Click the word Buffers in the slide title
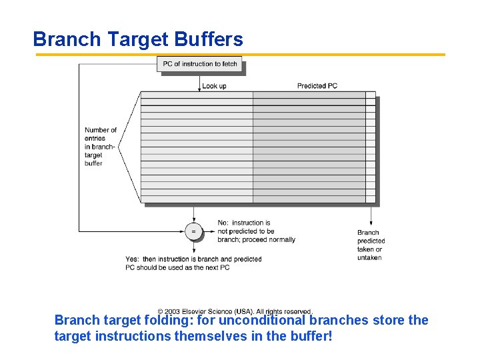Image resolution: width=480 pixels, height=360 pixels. pyautogui.click(x=209, y=39)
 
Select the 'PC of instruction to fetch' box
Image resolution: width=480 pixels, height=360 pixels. pyautogui.click(x=200, y=64)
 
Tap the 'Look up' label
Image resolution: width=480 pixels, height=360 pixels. pyautogui.click(x=214, y=86)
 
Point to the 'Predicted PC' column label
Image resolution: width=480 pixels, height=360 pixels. pyautogui.click(x=317, y=86)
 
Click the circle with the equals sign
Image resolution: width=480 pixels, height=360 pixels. pyautogui.click(x=193, y=231)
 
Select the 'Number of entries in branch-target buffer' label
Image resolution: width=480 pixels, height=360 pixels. pyautogui.click(x=101, y=147)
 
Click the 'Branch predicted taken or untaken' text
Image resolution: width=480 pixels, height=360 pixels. pyautogui.click(x=371, y=245)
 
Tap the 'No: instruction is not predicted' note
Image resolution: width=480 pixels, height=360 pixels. pyautogui.click(x=256, y=231)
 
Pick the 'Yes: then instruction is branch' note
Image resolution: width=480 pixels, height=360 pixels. pyautogui.click(x=193, y=263)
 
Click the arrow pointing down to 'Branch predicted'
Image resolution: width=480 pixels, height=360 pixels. pyautogui.click(x=371, y=216)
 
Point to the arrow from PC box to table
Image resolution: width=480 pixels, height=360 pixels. pyautogui.click(x=199, y=82)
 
